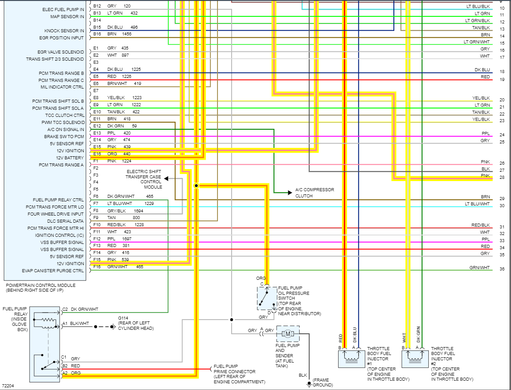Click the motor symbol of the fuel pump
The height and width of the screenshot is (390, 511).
coord(288,333)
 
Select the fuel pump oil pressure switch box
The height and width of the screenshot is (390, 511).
coord(267,298)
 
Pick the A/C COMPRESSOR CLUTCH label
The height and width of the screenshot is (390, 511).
coord(315,193)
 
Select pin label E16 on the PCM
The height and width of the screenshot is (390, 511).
coord(97,154)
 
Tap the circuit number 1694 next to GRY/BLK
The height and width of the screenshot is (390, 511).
coord(138,211)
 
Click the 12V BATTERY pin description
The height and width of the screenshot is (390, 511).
coord(70,158)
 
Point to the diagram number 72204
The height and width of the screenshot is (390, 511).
coord(8,386)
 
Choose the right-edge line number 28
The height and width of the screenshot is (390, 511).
coord(502,178)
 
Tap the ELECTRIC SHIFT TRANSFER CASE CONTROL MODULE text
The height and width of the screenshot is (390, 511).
coord(144,179)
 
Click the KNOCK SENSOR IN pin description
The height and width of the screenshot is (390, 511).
coord(64,31)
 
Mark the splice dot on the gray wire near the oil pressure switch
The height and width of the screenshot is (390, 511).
coord(231,319)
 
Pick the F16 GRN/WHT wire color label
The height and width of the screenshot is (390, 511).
coord(117,267)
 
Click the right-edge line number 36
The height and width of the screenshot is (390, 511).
coord(502,269)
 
